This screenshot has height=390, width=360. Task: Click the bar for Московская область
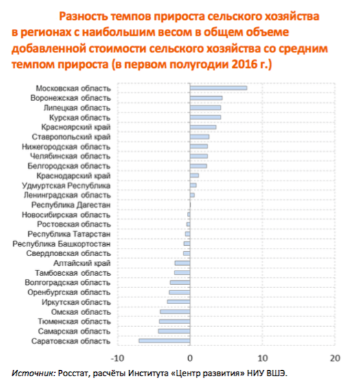pyautogui.click(x=218, y=88)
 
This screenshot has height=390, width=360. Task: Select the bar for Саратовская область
pyautogui.click(x=164, y=341)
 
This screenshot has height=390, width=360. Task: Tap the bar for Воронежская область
pyautogui.click(x=206, y=98)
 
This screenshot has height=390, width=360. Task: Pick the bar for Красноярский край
pyautogui.click(x=203, y=127)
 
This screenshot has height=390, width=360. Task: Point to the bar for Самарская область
pyautogui.click(x=174, y=331)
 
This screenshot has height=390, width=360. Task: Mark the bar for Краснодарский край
pyautogui.click(x=194, y=176)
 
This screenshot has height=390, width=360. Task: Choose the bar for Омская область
pyautogui.click(x=175, y=312)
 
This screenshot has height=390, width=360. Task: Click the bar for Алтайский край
pyautogui.click(x=182, y=263)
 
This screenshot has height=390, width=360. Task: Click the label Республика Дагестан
pyautogui.click(x=71, y=205)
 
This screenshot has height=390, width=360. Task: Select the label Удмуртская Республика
pyautogui.click(x=66, y=185)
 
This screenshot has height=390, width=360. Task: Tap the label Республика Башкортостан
pyautogui.click(x=61, y=244)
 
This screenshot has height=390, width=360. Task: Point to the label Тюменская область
pyautogui.click(x=74, y=321)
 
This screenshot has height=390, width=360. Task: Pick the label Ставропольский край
pyautogui.click(x=71, y=137)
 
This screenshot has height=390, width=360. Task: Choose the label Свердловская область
pyautogui.click(x=69, y=253)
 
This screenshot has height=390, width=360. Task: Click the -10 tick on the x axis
pyautogui.click(x=117, y=358)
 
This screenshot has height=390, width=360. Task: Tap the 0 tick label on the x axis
pyautogui.click(x=190, y=358)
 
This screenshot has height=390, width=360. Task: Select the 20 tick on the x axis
pyautogui.click(x=335, y=358)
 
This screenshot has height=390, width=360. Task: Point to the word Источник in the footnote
pyautogui.click(x=34, y=373)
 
